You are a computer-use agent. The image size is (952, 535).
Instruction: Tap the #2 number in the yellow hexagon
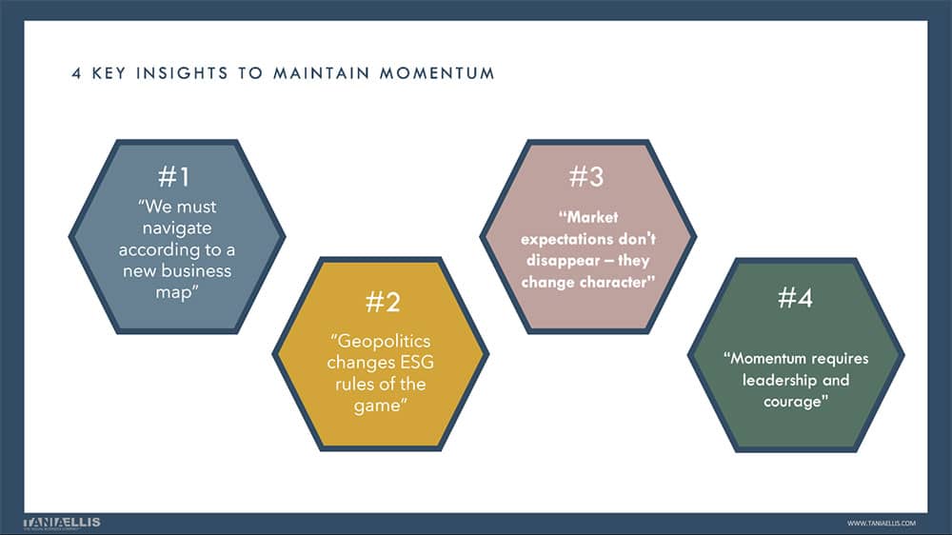point(382,303)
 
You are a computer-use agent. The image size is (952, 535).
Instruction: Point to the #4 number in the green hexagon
point(795,299)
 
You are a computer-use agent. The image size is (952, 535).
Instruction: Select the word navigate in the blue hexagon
point(176,228)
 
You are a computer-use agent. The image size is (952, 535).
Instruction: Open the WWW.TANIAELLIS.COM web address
point(881,523)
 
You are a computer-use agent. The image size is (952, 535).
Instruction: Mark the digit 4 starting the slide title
point(75,73)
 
